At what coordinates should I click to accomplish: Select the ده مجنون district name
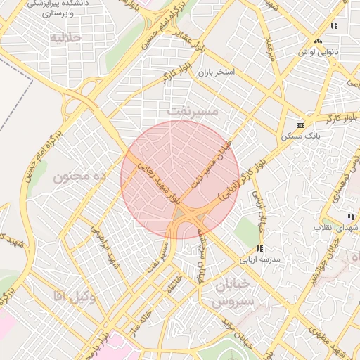click(x=79, y=176)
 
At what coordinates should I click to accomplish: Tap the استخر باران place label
click(x=214, y=72)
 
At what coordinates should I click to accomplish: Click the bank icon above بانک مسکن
click(x=301, y=124)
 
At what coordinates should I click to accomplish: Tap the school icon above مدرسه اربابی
click(x=259, y=248)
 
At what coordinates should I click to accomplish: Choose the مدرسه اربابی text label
click(x=260, y=259)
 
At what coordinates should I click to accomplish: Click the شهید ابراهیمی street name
click(x=103, y=244)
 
